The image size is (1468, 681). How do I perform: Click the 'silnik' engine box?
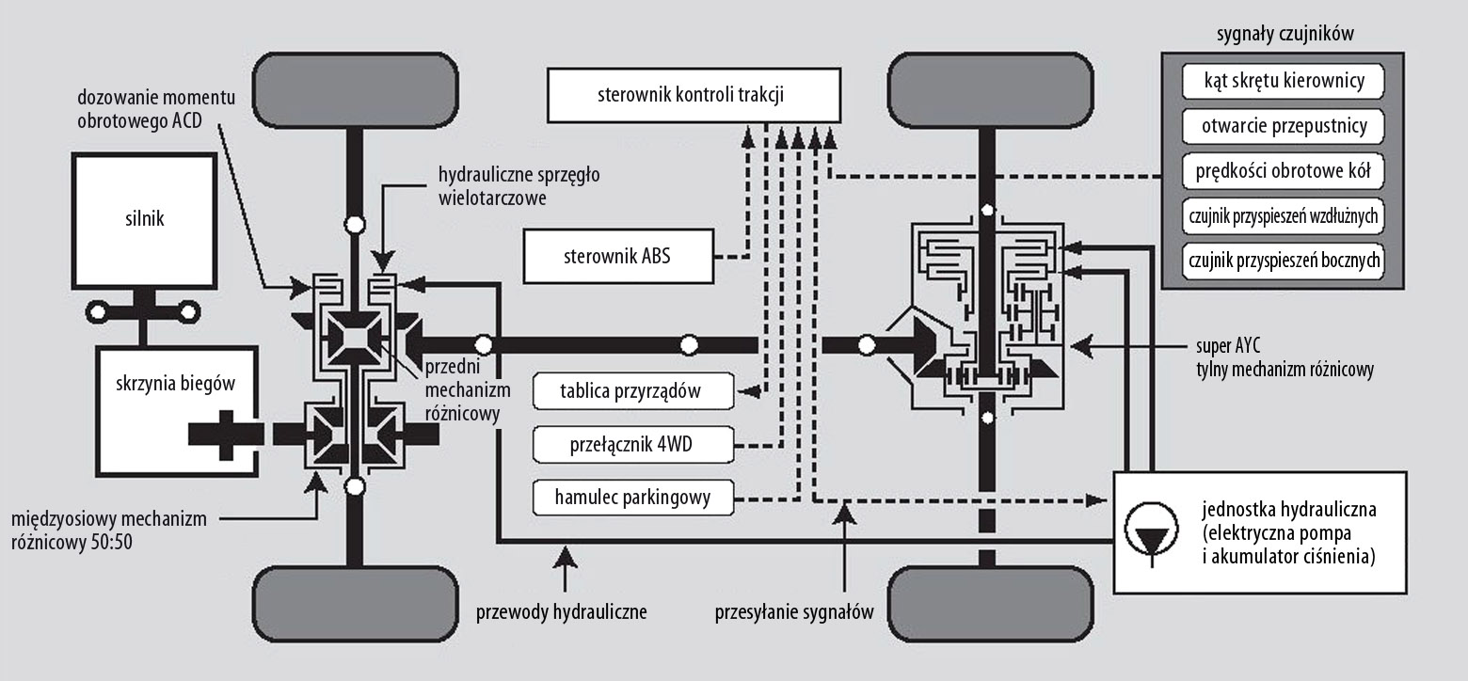pos(144,221)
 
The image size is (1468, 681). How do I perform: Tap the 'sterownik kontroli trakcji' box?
pos(694,95)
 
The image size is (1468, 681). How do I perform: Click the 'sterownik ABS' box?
pos(618,256)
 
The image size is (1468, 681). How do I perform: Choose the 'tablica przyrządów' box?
pos(633,391)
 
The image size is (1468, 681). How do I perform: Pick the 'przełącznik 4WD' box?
pos(633,445)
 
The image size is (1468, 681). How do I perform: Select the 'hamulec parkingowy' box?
pos(633,498)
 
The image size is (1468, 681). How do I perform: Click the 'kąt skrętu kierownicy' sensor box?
pos(1284,81)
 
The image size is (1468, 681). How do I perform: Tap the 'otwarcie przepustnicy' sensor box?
pos(1284,126)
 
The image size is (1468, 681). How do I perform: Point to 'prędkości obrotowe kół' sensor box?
pos(1284,171)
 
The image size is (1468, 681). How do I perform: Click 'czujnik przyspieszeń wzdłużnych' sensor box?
pos(1284,216)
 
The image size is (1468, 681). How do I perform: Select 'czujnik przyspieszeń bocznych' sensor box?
pos(1284,261)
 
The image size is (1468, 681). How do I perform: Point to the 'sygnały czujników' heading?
pos(1285,34)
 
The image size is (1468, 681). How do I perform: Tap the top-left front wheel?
pos(355,90)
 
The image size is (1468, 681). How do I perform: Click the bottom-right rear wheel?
pos(990,605)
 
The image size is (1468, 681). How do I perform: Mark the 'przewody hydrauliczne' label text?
pos(561,612)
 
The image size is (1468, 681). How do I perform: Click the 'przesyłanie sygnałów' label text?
pos(794,612)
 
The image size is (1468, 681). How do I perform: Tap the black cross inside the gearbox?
pos(226,435)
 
